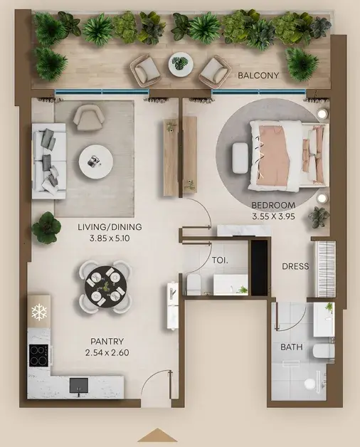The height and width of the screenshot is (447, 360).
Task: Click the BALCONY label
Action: click(258, 75)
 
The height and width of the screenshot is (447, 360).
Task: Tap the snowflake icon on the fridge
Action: click(39, 312)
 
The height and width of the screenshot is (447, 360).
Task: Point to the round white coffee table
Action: click(96, 162)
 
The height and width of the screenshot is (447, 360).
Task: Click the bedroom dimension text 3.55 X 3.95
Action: click(273, 216)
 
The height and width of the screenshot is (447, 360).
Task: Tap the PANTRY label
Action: click(107, 341)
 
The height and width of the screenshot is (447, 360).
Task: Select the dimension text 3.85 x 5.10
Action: click(110, 238)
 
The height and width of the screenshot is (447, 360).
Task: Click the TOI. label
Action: click(220, 261)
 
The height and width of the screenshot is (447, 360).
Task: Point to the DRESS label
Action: click(295, 266)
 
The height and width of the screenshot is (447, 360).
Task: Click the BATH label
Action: click(292, 347)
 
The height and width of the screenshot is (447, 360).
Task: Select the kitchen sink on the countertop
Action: click(79, 386)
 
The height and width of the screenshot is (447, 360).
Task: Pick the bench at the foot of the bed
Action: click(240, 158)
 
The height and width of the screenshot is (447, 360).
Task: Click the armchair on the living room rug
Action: click(88, 117)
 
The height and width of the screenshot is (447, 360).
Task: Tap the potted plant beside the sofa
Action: click(46, 228)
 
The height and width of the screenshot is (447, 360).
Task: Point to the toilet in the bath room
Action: click(324, 352)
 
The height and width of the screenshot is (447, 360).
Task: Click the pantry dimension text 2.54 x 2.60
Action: click(107, 352)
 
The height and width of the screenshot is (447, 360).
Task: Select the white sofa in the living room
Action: click(49, 161)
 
